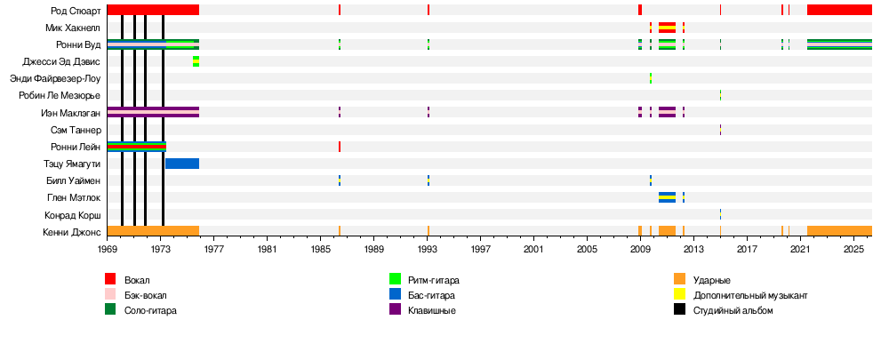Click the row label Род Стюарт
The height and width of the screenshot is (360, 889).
click(76, 11)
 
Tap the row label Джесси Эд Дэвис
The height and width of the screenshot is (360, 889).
click(61, 62)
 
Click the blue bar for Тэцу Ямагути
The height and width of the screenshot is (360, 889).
click(182, 164)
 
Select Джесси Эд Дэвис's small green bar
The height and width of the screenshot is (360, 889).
click(196, 61)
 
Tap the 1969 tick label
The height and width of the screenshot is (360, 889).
click(107, 251)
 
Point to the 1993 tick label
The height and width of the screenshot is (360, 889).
click(428, 251)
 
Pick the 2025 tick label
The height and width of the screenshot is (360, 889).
click(853, 251)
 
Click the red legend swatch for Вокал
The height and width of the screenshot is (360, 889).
click(110, 279)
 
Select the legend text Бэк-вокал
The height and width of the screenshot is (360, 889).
click(145, 295)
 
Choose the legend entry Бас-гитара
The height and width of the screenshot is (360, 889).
click(432, 295)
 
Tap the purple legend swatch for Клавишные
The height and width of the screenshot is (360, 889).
click(395, 309)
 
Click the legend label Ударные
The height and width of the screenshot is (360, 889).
click(712, 280)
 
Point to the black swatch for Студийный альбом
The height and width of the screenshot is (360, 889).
click(679, 309)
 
